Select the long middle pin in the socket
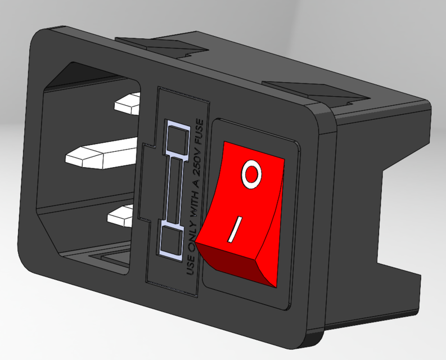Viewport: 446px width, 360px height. pyautogui.click(x=102, y=154)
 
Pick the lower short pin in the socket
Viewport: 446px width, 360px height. pyautogui.click(x=123, y=216)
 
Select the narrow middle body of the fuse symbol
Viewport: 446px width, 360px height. pyautogui.click(x=174, y=188)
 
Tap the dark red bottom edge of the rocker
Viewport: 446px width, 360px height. pyautogui.click(x=236, y=264)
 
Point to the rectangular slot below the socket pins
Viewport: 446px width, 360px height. pyautogui.click(x=107, y=259)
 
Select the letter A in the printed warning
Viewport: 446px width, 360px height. pyautogui.click(x=200, y=180)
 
